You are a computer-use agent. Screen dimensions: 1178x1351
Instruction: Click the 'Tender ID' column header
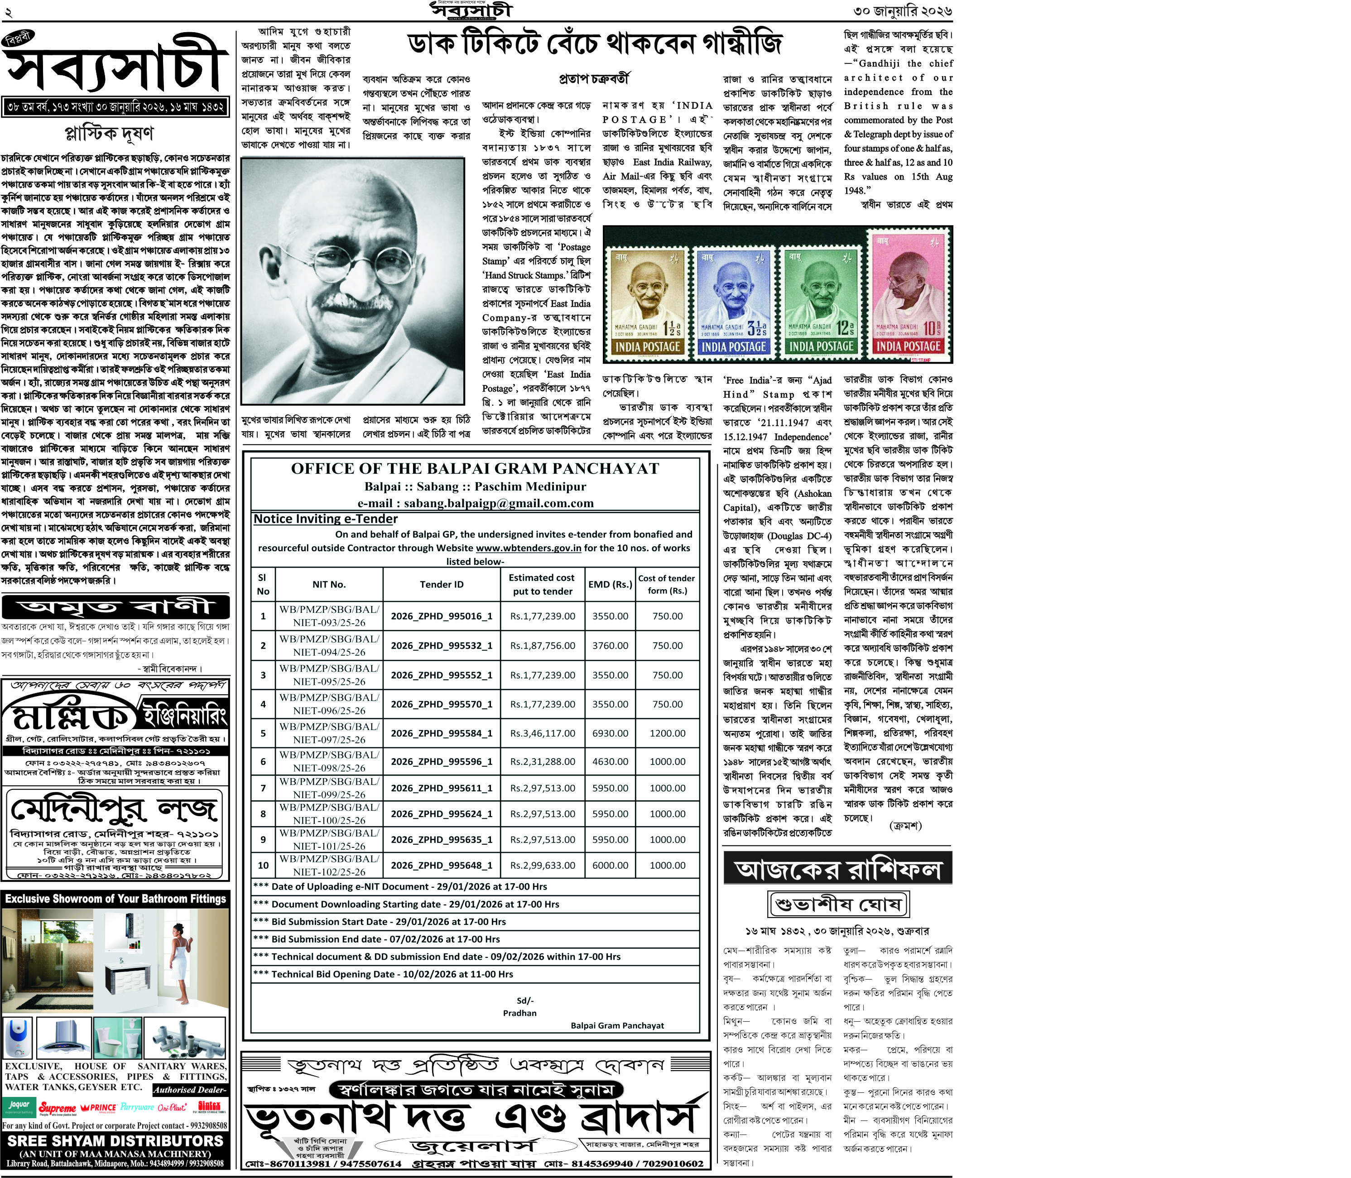(441, 584)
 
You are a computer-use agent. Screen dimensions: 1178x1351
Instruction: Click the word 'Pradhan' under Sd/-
(519, 1013)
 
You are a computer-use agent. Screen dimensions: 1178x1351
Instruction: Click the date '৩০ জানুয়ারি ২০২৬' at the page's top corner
(902, 11)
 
